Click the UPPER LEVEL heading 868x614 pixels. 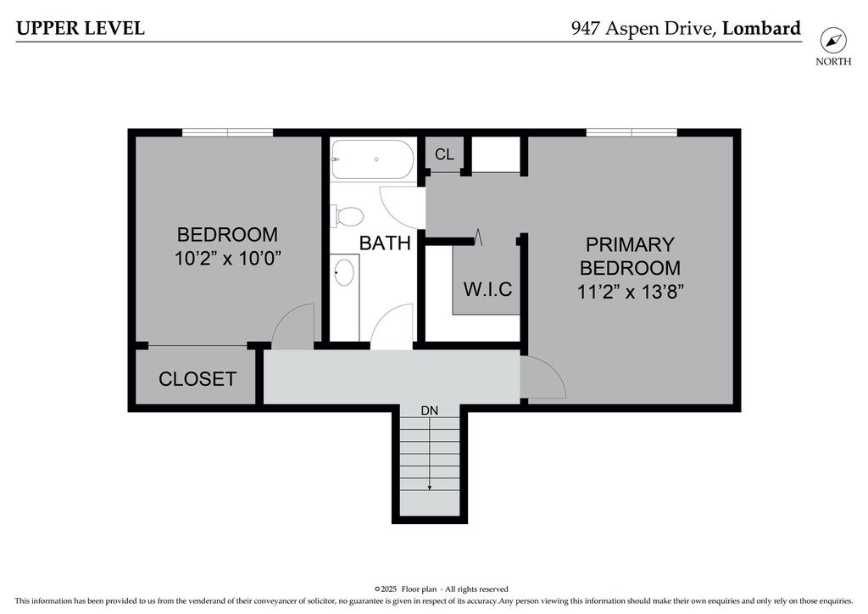[x=81, y=28]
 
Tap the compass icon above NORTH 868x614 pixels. [x=833, y=41]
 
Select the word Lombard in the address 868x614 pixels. [x=762, y=28]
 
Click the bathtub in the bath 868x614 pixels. [x=372, y=159]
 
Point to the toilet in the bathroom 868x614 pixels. [x=347, y=216]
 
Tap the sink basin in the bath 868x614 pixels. [x=344, y=272]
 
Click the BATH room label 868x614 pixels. [x=385, y=243]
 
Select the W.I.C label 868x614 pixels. [x=487, y=289]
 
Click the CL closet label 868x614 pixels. [x=444, y=154]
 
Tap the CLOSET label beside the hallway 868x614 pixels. [x=198, y=379]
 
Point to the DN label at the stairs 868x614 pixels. [x=430, y=410]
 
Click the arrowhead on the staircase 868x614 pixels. [x=430, y=487]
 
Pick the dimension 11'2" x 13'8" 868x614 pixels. [x=631, y=291]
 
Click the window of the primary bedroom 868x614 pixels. [x=632, y=132]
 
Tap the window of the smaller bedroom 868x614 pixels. [x=227, y=132]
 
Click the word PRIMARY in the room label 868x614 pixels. [x=630, y=244]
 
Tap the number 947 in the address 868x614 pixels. [x=586, y=28]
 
